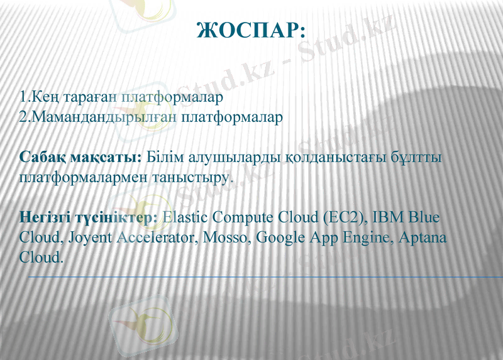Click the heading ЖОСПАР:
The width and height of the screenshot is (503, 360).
tap(251, 30)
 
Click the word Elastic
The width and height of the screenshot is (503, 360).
tap(185, 217)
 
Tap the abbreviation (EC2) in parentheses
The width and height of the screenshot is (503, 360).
tap(344, 217)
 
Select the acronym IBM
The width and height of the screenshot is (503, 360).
tap(388, 217)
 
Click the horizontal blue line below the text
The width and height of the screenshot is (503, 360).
tap(264, 276)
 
